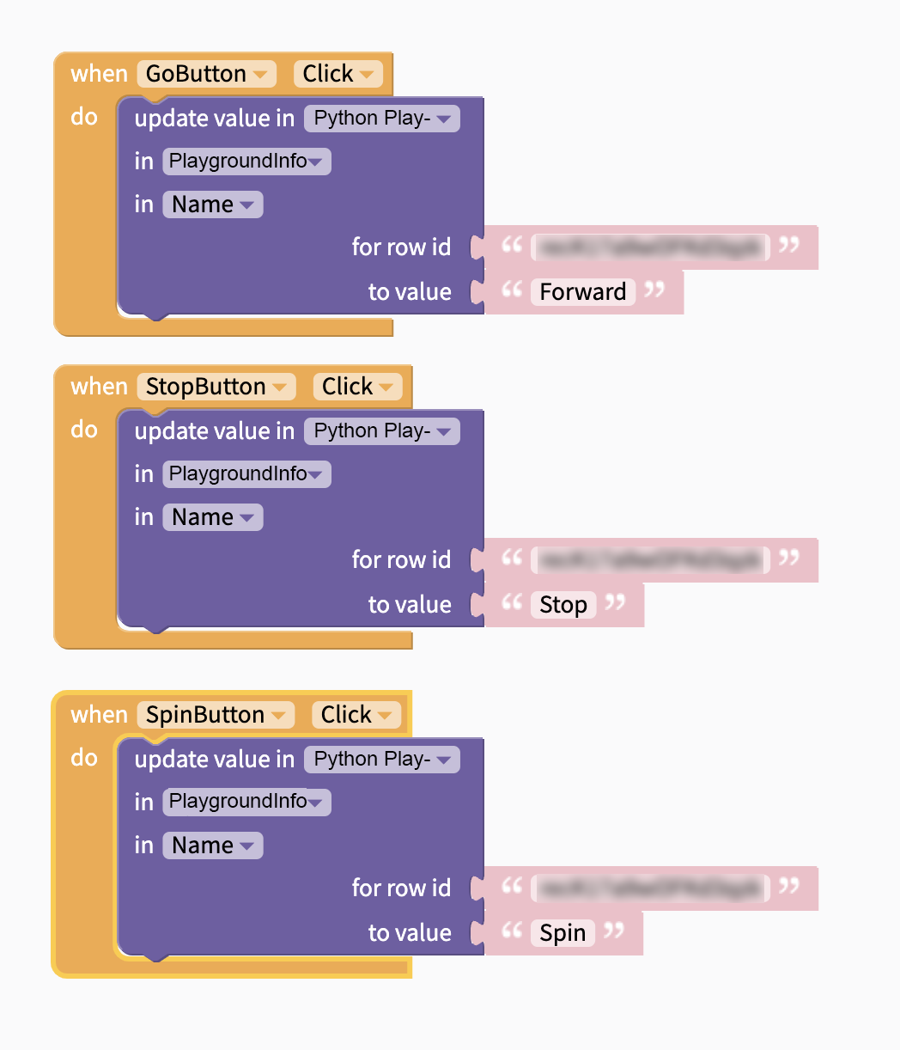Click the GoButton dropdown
[206, 74]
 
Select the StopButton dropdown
[216, 387]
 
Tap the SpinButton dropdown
[216, 715]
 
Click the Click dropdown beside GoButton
[338, 74]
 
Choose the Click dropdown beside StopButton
[358, 387]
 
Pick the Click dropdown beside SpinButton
[357, 715]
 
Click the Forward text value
[583, 292]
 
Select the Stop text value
[563, 605]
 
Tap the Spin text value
[562, 933]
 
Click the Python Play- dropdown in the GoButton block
[382, 119]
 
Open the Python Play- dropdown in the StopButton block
[382, 431]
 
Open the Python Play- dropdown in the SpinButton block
[382, 760]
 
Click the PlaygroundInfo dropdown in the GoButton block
[246, 162]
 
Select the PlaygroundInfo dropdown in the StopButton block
[246, 474]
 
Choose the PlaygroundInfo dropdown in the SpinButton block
[246, 803]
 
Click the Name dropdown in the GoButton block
[212, 205]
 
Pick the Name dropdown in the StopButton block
[212, 517]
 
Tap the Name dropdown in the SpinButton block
[212, 845]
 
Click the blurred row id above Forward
[649, 247]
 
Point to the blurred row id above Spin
[649, 888]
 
